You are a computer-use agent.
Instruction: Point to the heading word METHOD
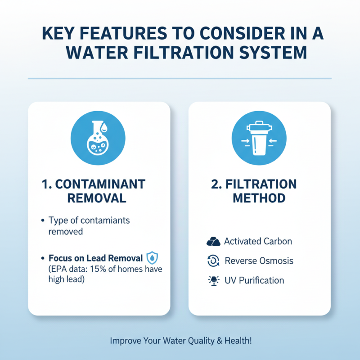(x=260, y=198)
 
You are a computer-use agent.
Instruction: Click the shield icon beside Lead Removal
(x=153, y=259)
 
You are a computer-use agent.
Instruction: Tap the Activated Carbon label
(x=258, y=241)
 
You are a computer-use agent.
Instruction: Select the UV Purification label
(x=254, y=280)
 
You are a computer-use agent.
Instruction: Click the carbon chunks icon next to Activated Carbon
(x=212, y=242)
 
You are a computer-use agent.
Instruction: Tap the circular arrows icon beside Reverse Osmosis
(x=212, y=261)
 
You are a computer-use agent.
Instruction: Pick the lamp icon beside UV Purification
(x=212, y=280)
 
